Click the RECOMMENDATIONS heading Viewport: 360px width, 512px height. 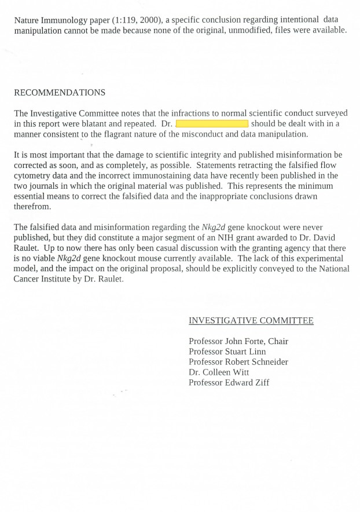60,93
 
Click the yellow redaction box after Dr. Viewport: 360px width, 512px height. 212,124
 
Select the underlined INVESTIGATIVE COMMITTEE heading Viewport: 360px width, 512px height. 251,321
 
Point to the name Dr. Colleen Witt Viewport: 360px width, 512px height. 219,372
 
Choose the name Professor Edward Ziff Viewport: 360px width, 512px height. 229,382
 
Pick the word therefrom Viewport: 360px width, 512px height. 32,207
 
